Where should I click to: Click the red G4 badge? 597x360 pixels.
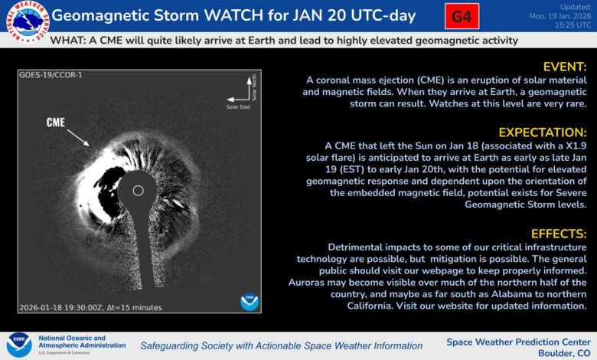(462, 16)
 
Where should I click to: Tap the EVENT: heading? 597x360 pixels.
(564, 67)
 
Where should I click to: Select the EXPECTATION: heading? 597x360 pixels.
(543, 132)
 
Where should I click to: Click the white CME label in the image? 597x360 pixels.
(55, 123)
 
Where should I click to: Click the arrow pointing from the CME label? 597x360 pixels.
(78, 137)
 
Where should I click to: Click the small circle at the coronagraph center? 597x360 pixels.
(138, 190)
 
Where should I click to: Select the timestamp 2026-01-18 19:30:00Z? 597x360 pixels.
(65, 307)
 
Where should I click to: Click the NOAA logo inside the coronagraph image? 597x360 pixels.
(250, 301)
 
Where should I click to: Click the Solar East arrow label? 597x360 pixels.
(237, 106)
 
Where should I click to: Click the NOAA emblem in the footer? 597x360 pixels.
(18, 345)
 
